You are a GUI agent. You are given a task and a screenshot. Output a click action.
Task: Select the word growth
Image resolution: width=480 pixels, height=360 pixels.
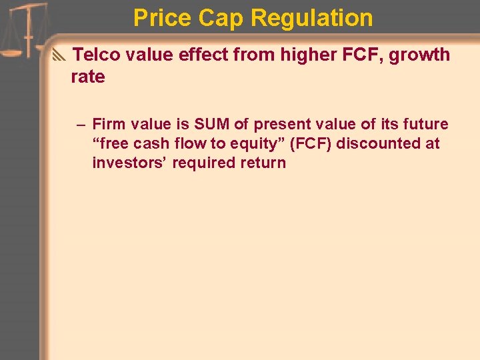(419, 55)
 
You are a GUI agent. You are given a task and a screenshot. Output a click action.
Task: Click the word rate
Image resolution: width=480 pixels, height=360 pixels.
(88, 77)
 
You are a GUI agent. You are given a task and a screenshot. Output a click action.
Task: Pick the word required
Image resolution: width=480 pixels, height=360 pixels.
(201, 163)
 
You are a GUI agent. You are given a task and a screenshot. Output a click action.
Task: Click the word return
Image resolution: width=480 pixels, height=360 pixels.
(263, 163)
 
